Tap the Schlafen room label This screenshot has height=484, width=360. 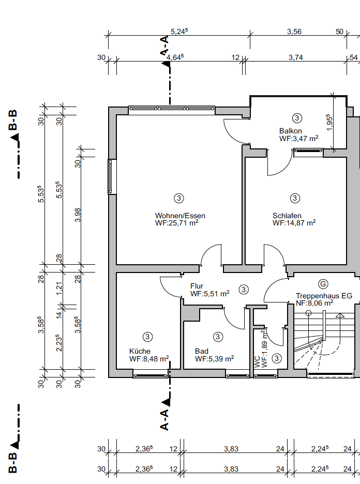[287, 216]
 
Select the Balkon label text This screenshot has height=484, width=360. [291, 131]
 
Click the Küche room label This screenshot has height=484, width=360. [140, 351]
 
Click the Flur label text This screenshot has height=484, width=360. [197, 286]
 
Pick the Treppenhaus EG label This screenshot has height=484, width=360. [324, 296]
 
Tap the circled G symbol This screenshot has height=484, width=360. [323, 284]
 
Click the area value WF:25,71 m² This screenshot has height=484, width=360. [176, 223]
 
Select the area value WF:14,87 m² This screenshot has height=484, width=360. [294, 223]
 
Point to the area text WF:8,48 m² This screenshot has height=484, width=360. [149, 359]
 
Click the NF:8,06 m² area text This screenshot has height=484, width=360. [314, 304]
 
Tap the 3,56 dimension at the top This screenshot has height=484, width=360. [294, 32]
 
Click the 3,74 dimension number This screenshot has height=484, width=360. [295, 58]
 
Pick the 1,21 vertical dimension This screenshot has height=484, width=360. [59, 289]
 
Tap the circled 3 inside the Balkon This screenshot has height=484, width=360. [297, 118]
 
